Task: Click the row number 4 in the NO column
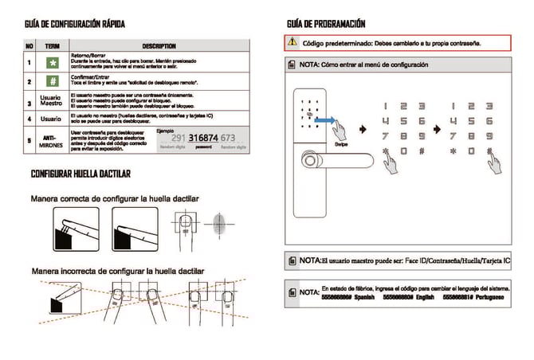click(29, 119)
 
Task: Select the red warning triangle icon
click(293, 42)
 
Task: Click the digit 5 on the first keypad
click(402, 121)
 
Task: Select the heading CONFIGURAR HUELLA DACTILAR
click(80, 174)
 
